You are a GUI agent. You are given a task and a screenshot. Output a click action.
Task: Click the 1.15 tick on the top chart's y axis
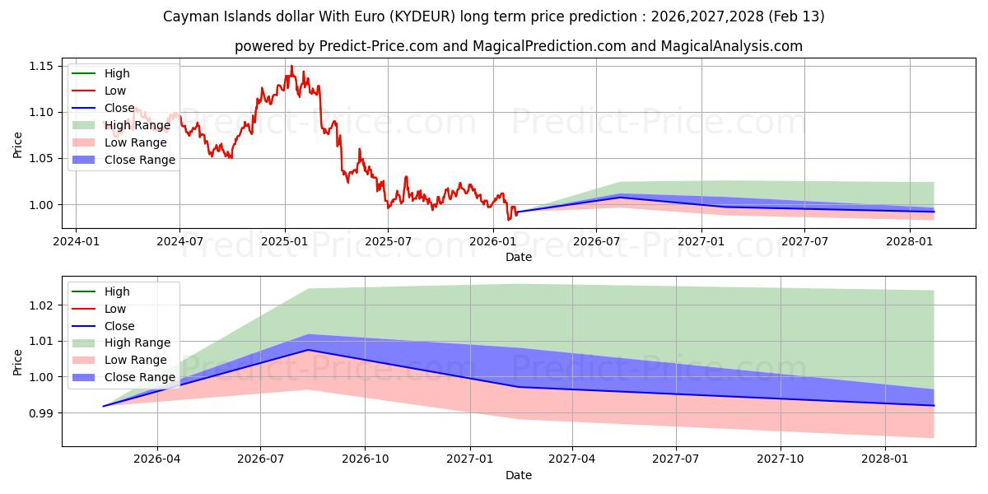[x=41, y=66]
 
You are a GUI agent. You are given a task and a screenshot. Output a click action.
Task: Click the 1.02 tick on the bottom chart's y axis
[x=41, y=305]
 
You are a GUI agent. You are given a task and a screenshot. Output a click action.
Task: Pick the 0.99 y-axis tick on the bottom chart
[x=41, y=413]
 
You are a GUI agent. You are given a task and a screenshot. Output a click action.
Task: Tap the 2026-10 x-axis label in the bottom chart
[x=365, y=459]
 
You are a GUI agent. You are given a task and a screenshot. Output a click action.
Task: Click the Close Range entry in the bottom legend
[x=139, y=377]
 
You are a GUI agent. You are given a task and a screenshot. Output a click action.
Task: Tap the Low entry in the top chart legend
[x=115, y=91]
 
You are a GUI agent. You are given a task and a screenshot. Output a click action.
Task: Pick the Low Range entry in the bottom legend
[x=136, y=360]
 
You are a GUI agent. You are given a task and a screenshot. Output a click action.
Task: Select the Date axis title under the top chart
[x=519, y=257]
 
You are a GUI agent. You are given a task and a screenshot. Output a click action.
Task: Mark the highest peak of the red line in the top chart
[x=291, y=66]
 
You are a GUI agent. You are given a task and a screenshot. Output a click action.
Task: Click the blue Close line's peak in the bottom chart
[x=308, y=350]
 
